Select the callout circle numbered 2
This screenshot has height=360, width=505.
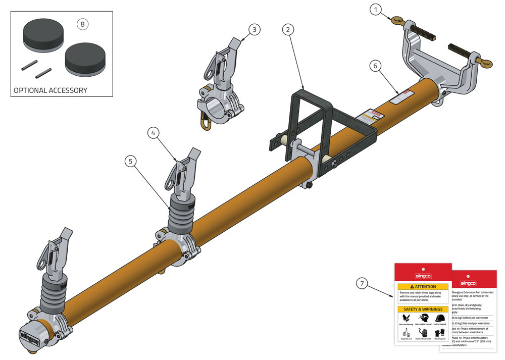[288, 29]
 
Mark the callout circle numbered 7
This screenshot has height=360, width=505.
[362, 283]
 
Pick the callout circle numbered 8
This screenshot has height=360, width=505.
[82, 23]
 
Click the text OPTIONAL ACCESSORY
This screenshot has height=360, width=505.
[50, 90]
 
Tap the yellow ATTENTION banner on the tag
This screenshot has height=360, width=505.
[423, 286]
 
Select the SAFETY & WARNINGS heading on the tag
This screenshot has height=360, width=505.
[423, 309]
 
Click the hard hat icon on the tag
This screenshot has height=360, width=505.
[440, 318]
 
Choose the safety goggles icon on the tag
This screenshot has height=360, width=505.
[423, 318]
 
